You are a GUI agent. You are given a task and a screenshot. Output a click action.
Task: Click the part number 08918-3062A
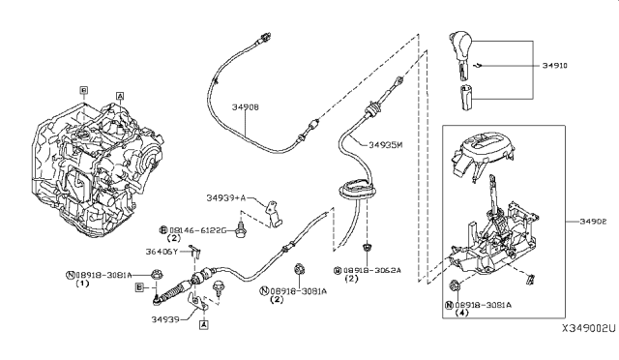point(371,271)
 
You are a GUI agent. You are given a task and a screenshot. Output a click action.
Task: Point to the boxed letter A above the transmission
point(119,96)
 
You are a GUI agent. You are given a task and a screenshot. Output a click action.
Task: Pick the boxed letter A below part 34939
point(203,326)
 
